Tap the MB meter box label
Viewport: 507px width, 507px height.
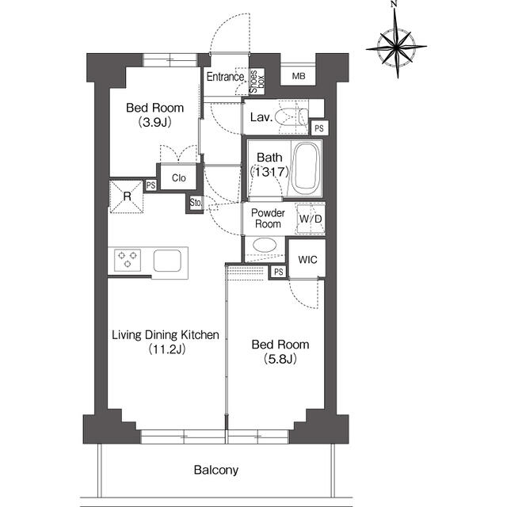click(x=299, y=76)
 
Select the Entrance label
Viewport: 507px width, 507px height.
click(x=225, y=77)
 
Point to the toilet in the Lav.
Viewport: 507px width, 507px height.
click(x=292, y=116)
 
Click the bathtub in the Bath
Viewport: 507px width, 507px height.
click(x=306, y=169)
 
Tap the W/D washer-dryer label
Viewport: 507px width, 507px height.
click(x=311, y=219)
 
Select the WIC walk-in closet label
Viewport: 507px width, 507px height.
click(x=307, y=259)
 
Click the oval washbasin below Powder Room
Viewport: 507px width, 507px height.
click(x=265, y=245)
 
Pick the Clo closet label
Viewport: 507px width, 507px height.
click(x=179, y=177)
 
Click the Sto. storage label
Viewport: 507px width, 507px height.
click(x=196, y=203)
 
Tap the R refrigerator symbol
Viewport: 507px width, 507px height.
click(x=127, y=196)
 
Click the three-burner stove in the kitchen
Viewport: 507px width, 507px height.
click(x=128, y=260)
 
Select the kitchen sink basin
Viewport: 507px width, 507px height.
click(x=167, y=261)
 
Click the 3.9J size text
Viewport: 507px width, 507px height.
click(x=155, y=122)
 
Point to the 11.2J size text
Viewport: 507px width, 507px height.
click(x=167, y=349)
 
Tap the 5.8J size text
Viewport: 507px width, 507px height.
click(x=280, y=359)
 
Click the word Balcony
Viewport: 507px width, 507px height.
click(x=216, y=470)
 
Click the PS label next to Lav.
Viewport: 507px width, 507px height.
click(x=318, y=128)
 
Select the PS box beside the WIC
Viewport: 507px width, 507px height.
click(x=278, y=272)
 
